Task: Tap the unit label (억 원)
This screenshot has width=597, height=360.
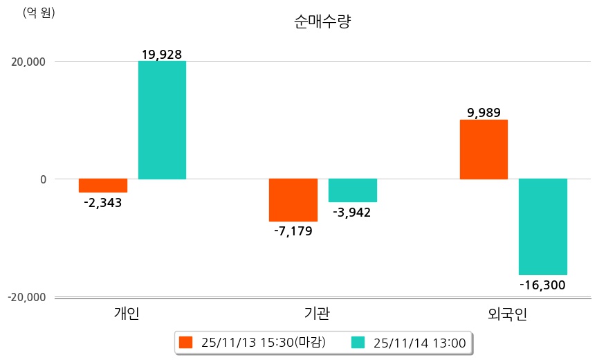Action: coord(39,12)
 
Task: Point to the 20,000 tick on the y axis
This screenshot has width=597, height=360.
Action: coord(26,62)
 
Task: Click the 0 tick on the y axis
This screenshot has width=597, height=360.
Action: coord(42,179)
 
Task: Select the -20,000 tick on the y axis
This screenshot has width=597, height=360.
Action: coord(26,297)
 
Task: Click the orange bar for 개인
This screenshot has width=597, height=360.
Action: coord(102,186)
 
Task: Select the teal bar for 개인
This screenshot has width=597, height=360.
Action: coord(162,120)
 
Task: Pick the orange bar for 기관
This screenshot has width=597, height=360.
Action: coord(293,200)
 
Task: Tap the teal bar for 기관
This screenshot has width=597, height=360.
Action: coord(353,190)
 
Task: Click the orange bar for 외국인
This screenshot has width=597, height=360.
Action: coord(484,150)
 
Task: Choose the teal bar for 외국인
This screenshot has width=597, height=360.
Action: coord(543,226)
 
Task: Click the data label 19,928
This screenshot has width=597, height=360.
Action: coord(161,54)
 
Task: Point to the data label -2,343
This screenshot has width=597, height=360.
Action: coord(102,203)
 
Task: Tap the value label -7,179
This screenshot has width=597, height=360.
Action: coord(293,231)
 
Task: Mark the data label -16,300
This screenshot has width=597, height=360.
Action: coord(542,285)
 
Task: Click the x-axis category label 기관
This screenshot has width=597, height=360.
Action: coord(317,314)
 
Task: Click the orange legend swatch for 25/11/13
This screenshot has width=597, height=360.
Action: coord(185,342)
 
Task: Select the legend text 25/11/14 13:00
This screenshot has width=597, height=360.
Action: coord(419,342)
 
